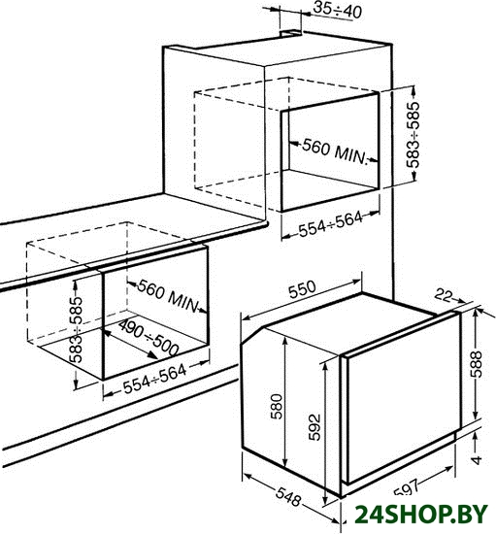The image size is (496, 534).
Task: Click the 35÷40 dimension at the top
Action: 337,11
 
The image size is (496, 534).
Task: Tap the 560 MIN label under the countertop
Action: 168,296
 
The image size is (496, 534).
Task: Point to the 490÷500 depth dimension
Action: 149,337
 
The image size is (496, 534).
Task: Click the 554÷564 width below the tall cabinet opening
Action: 331,223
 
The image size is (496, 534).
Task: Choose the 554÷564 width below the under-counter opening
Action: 155,379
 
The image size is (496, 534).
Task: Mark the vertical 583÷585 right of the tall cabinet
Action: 413,135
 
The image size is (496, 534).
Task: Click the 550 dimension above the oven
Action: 302,289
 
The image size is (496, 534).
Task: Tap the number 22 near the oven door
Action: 444,295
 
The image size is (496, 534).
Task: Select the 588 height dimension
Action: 477,364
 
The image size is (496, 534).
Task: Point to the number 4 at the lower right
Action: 477,460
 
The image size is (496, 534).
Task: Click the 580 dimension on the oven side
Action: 277,406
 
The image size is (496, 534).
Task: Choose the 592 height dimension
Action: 314,427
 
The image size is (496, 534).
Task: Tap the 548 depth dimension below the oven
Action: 288,497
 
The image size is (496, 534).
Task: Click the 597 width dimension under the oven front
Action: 406,487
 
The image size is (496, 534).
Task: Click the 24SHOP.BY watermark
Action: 420,514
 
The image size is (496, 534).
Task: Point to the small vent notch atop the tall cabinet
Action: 290,33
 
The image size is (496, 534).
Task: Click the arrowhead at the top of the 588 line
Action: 477,312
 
